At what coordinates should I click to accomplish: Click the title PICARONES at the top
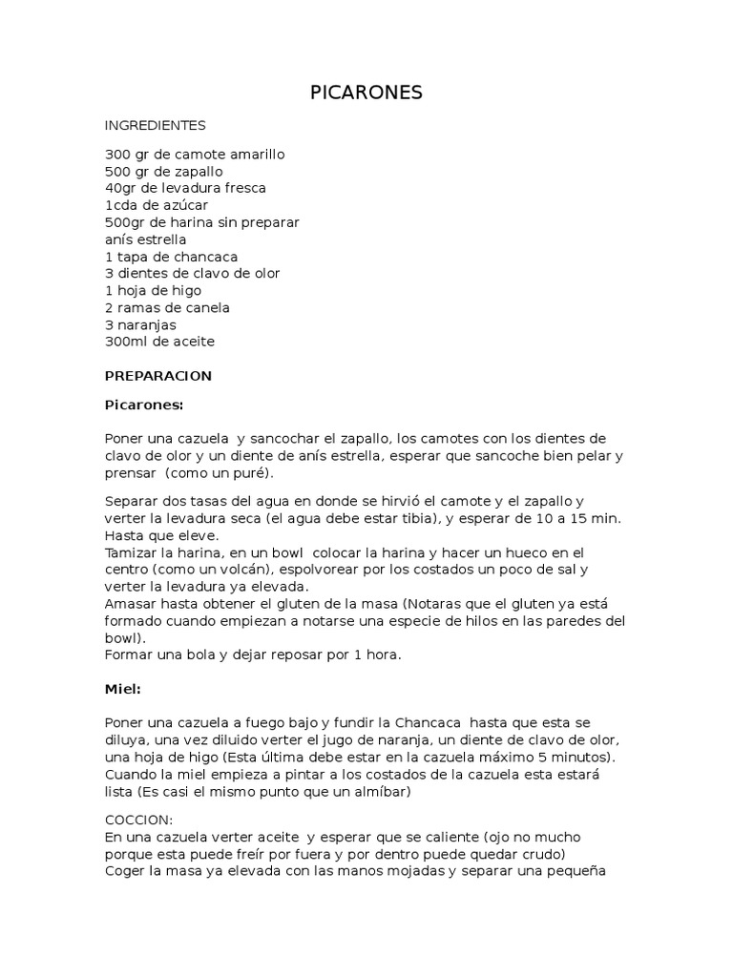pyautogui.click(x=366, y=93)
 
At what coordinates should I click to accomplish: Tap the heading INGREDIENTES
pyautogui.click(x=155, y=125)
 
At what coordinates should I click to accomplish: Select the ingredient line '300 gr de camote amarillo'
pyautogui.click(x=195, y=154)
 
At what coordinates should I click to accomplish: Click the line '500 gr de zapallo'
pyautogui.click(x=164, y=171)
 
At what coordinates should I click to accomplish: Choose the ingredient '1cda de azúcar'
pyautogui.click(x=157, y=205)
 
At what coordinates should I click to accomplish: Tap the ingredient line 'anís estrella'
pyautogui.click(x=146, y=239)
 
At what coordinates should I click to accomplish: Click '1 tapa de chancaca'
pyautogui.click(x=171, y=257)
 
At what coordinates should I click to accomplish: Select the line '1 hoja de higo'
pyautogui.click(x=153, y=290)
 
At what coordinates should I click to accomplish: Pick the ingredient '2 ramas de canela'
pyautogui.click(x=167, y=307)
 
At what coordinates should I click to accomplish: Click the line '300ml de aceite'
pyautogui.click(x=159, y=342)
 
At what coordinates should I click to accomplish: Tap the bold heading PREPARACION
pyautogui.click(x=157, y=376)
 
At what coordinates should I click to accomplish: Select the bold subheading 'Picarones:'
pyautogui.click(x=143, y=405)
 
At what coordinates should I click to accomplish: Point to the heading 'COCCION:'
pyautogui.click(x=139, y=819)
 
